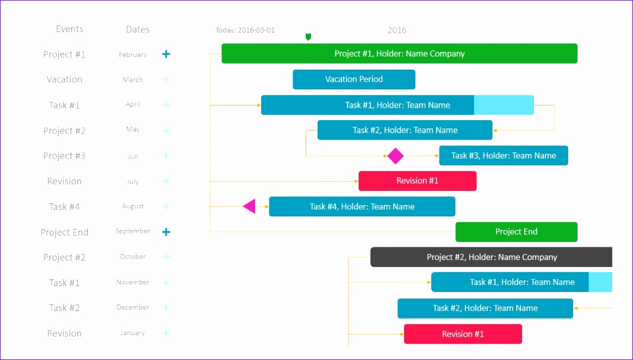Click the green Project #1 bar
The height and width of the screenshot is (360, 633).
[399, 54]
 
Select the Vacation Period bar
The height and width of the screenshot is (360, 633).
[354, 79]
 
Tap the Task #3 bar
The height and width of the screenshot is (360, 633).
[504, 156]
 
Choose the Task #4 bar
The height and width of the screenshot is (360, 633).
[362, 207]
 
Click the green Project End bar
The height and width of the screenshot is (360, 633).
[516, 232]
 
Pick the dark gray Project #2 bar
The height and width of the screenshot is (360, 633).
[491, 257]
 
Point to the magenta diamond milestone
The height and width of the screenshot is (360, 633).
[395, 156]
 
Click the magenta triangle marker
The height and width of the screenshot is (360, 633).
[250, 206]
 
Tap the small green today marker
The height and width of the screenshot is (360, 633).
[308, 37]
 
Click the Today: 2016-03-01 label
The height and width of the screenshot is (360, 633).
[245, 30]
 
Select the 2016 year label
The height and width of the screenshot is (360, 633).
[397, 30]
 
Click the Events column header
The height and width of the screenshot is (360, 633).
[70, 29]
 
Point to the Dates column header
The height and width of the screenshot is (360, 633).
[138, 30]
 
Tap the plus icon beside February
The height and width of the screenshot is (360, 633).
[166, 54]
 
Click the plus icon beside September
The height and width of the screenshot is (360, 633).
[166, 232]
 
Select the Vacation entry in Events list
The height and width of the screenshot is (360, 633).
[64, 79]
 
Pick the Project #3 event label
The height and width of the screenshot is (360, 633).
[64, 156]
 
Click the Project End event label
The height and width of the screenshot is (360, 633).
[64, 232]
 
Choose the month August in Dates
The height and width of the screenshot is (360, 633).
[133, 207]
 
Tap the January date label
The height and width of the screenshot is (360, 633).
[133, 333]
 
